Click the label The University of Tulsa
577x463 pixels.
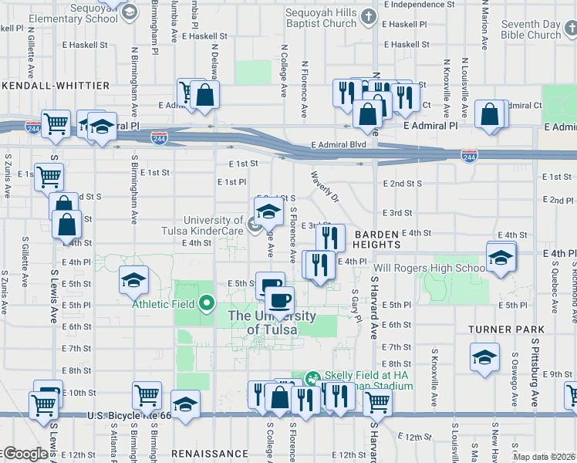272,323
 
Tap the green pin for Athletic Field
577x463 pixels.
206,304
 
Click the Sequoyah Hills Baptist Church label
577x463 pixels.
320,18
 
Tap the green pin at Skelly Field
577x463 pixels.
312,378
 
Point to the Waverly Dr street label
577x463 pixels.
325,187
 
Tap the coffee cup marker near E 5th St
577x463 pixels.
279,298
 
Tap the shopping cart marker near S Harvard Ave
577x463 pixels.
377,400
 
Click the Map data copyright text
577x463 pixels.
544,457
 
